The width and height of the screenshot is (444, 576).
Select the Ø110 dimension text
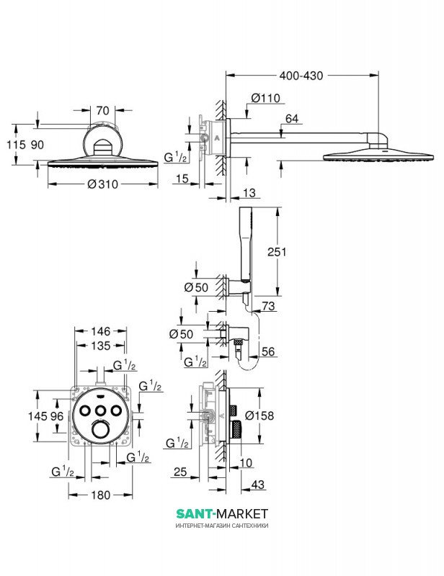(x=266, y=99)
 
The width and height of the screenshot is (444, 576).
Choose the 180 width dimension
(x=102, y=495)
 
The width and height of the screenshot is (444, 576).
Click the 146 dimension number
(x=101, y=332)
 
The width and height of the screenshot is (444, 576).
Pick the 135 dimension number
(x=101, y=346)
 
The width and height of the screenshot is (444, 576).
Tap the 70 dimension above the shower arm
(x=102, y=112)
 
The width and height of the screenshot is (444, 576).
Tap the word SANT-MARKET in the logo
(x=222, y=513)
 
